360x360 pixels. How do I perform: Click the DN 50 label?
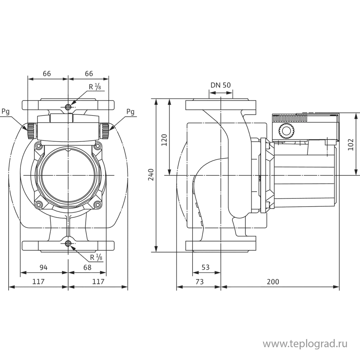pyautogui.click(x=220, y=85)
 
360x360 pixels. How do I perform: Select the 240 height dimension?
pyautogui.click(x=151, y=175)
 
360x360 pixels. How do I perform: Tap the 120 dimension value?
pyautogui.click(x=164, y=140)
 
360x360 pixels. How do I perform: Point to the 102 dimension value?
pyautogui.click(x=351, y=144)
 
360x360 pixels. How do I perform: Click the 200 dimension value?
pyautogui.click(x=273, y=282)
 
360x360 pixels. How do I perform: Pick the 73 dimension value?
pyautogui.click(x=199, y=282)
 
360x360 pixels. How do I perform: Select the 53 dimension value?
pyautogui.click(x=206, y=267)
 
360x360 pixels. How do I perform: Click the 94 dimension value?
pyautogui.click(x=44, y=267)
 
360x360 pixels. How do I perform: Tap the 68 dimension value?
pyautogui.click(x=87, y=267)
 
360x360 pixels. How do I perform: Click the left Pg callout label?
pyautogui.click(x=5, y=112)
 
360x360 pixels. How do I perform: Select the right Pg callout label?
pyautogui.click(x=130, y=112)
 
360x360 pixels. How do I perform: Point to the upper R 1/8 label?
pyautogui.click(x=95, y=87)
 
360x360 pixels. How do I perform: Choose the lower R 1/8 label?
pyautogui.click(x=96, y=257)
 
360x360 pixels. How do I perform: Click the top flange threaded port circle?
pyautogui.click(x=68, y=107)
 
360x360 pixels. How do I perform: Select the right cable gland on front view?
pyautogui.click(x=104, y=131)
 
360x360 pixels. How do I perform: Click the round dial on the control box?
pyautogui.click(x=286, y=131)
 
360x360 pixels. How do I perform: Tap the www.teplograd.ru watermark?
pyautogui.click(x=305, y=344)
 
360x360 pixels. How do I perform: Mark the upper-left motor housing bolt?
pyautogui.click(x=39, y=146)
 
